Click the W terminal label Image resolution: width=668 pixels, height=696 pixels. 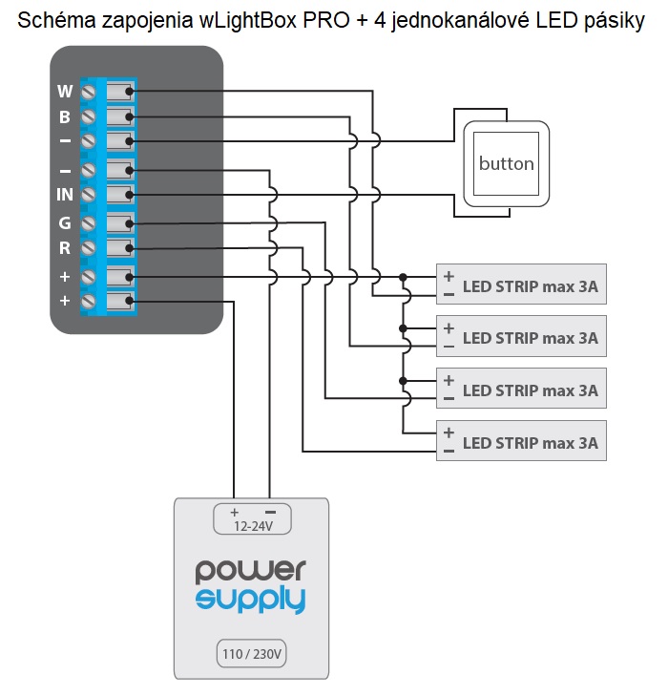point(65,92)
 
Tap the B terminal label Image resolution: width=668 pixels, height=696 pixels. point(65,117)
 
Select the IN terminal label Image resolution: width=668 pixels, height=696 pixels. point(65,195)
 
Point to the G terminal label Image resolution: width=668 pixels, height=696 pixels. point(65,222)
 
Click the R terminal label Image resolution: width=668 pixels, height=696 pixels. point(65,247)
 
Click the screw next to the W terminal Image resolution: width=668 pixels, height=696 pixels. point(89,92)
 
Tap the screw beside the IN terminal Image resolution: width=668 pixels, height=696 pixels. point(89,195)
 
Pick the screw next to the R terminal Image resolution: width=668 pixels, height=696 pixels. point(89,247)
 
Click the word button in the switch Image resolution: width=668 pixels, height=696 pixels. point(506,164)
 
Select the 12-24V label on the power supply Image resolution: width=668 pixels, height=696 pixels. point(253,526)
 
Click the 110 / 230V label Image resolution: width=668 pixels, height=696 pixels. point(252,654)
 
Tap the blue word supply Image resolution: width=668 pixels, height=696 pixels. point(251,600)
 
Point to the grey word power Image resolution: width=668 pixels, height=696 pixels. point(251,571)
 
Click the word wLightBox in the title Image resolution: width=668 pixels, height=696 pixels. point(247,20)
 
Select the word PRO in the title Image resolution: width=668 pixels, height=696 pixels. point(326,20)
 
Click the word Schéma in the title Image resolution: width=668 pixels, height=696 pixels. point(56,20)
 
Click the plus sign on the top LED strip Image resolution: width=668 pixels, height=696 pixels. point(449,276)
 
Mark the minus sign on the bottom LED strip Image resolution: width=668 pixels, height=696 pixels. point(449,451)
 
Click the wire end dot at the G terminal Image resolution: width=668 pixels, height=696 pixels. point(129,223)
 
